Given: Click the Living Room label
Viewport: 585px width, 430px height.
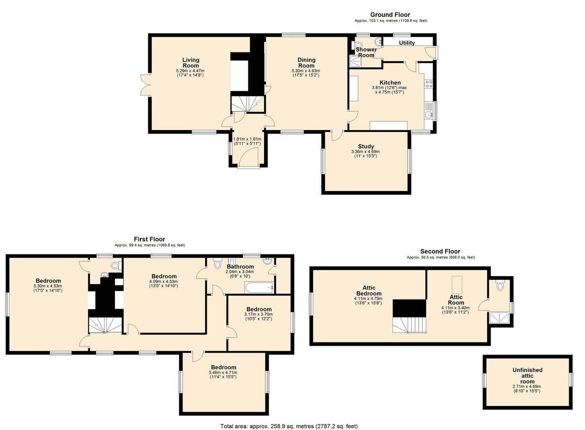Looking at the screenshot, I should point(191,63).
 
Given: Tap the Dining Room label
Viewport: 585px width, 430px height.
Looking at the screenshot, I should point(306,63).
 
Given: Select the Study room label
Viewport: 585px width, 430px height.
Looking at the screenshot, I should point(366,147).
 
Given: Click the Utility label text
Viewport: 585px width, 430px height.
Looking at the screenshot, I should point(407,43).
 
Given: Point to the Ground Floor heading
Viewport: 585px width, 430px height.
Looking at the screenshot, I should point(390,15).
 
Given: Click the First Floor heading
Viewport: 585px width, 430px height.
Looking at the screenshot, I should point(149,239).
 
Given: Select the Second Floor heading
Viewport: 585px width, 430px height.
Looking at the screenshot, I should point(440,251).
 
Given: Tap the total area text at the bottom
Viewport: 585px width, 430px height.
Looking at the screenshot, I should point(289,426).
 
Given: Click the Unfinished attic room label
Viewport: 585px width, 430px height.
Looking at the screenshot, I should point(527,375).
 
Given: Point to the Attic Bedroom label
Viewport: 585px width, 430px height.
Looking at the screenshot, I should point(369,291).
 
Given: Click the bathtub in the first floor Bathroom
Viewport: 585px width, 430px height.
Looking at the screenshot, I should point(259,287).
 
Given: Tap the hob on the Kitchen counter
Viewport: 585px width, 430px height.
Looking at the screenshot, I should point(429,84).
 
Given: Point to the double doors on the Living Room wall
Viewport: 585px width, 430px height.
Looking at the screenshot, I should point(145,85).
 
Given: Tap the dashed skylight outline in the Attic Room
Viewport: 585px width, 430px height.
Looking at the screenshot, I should point(457,285).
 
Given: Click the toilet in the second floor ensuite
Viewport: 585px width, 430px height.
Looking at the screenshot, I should point(500,285).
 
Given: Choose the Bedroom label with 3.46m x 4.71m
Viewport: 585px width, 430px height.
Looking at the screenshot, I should point(223,367).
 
